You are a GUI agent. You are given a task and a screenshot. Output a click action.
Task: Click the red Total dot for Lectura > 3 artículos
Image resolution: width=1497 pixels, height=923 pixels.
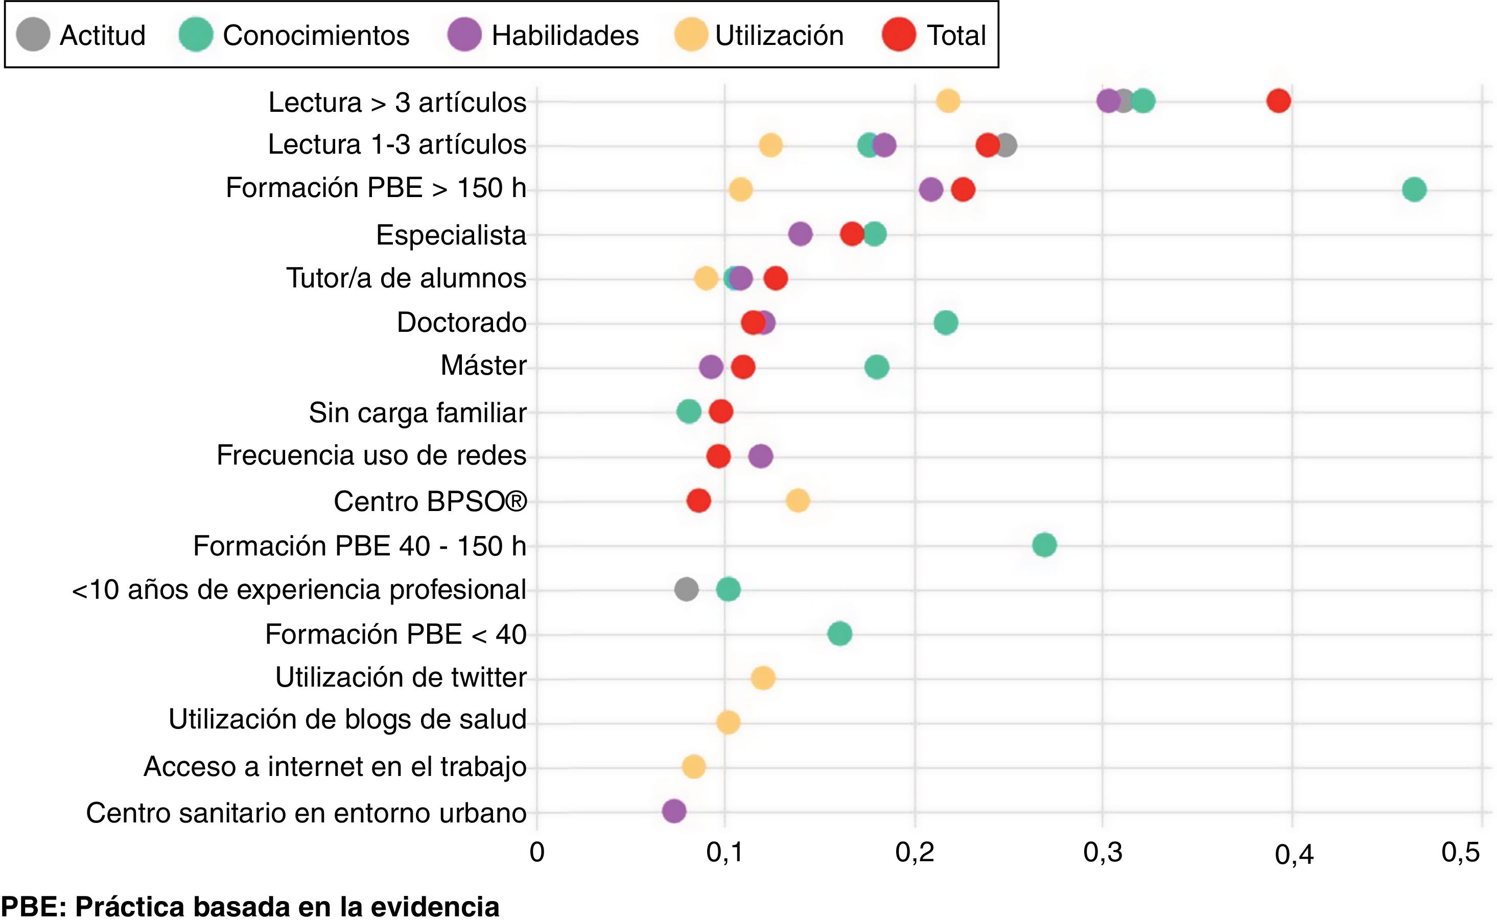1278,101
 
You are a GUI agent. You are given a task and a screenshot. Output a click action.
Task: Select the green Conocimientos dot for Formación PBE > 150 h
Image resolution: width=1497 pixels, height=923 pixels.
1414,189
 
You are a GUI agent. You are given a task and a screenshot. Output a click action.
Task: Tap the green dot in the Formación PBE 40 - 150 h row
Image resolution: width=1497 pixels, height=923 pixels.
1044,545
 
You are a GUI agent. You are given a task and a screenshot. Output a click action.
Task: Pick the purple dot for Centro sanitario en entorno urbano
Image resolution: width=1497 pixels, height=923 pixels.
674,811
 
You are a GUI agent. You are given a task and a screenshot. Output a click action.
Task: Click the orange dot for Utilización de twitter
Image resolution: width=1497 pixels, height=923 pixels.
763,678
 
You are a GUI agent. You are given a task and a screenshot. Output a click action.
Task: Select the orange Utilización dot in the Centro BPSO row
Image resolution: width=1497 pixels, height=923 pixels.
798,501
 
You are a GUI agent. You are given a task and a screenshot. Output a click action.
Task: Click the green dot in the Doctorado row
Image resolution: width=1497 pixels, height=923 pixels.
946,322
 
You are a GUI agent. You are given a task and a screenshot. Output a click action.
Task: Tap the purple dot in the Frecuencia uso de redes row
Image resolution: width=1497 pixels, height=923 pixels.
760,456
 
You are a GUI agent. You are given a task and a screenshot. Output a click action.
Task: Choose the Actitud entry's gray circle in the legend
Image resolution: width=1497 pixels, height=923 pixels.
33,34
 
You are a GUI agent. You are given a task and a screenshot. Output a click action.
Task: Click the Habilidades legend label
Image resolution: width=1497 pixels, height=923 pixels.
565,35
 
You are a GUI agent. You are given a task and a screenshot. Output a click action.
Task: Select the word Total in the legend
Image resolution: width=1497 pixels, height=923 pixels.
956,35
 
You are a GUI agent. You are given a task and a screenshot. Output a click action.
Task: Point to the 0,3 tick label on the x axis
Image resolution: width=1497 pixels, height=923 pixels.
1103,853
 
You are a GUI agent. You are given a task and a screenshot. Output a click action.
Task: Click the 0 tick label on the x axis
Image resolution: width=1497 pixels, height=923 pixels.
537,853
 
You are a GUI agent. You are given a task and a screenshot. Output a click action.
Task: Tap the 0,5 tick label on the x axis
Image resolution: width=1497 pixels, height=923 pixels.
1460,853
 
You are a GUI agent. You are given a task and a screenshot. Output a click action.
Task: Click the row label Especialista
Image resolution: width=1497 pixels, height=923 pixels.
451,235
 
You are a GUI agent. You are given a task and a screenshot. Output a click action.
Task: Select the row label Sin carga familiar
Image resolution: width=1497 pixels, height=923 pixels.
417,412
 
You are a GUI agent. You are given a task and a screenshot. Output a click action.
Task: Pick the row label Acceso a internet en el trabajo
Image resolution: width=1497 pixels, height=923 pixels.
335,767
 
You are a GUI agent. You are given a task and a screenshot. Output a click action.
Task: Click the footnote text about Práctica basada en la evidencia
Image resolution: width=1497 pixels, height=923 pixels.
250,907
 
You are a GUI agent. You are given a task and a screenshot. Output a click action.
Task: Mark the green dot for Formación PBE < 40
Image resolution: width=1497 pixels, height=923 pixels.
839,634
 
